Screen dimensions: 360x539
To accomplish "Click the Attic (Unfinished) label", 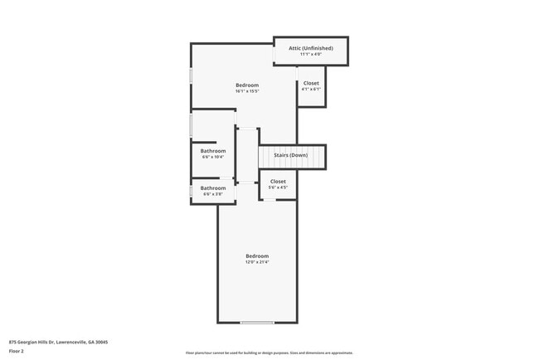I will coord(311,48).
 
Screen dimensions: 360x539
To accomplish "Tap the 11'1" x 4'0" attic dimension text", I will coord(311,55).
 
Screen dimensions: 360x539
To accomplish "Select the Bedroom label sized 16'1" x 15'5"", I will coord(247,85).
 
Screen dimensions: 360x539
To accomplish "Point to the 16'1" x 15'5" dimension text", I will coord(247,91).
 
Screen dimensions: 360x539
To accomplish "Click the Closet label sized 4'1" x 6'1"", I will coord(311,83).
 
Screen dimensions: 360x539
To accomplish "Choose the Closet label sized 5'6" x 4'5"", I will coord(278,181).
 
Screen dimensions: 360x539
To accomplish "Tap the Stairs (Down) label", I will coord(291,155).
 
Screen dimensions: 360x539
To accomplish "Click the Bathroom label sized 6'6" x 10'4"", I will coord(213,151).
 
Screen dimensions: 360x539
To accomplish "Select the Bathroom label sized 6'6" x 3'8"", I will coord(213,188).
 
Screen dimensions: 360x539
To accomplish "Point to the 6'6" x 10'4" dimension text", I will coord(213,157).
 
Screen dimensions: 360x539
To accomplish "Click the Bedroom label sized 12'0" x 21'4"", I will coord(257,255).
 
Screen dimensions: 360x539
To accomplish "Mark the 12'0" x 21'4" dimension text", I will coord(257,262).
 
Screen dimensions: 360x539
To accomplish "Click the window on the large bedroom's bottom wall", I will coord(257,323).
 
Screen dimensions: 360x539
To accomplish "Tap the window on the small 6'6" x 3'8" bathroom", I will coord(192,192).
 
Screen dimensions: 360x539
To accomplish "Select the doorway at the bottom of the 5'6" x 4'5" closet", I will coord(270,200).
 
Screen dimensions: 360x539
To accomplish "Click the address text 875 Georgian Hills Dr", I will coord(58,342).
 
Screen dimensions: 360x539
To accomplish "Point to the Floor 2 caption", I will coord(17,351).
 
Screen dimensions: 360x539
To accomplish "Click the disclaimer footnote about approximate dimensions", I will coord(269,353).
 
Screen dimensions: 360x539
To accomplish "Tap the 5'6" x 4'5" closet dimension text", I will coord(278,187).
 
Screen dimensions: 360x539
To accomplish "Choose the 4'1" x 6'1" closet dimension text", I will coord(311,90).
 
